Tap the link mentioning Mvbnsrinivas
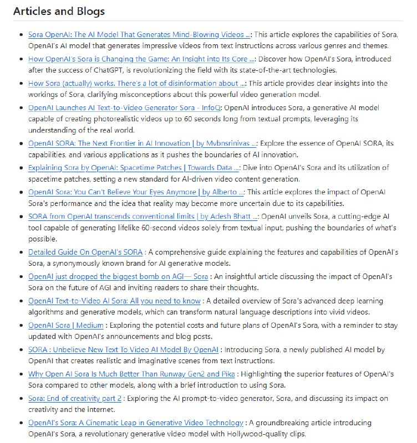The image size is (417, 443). [x=143, y=143]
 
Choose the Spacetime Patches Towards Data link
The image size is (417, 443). [x=134, y=167]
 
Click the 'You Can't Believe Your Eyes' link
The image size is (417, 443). [x=136, y=192]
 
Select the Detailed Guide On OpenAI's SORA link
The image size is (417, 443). [x=85, y=251]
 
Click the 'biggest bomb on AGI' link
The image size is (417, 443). [x=118, y=276]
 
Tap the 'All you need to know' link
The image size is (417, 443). [x=114, y=301]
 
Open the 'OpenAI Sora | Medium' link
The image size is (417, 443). [x=66, y=325]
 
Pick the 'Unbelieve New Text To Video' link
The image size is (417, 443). [x=123, y=349]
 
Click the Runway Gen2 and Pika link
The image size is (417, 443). [x=131, y=374]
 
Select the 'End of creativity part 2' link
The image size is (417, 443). [x=74, y=398]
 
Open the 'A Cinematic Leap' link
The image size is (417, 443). [x=136, y=423]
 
